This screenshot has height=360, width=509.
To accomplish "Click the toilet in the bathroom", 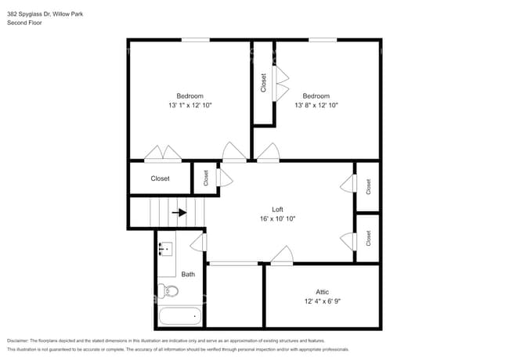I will click(169, 292).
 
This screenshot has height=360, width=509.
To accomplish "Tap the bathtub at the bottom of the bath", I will click(179, 318).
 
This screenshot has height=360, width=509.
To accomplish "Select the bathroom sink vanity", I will click(166, 251).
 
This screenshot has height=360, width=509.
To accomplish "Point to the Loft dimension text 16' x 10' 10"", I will click(277, 219).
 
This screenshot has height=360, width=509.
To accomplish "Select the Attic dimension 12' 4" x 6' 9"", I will click(322, 301).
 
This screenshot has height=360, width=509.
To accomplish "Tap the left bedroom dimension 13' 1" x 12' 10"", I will click(190, 105).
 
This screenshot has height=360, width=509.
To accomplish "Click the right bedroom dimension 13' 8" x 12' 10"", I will click(316, 105).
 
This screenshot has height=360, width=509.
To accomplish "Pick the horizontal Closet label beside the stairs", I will click(160, 178).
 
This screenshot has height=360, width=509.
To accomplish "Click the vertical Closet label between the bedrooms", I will click(263, 83).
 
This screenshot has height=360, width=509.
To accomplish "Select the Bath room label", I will click(188, 275).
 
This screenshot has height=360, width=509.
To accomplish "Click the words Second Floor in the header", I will click(24, 23).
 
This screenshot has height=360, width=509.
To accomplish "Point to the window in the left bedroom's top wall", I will click(196, 39).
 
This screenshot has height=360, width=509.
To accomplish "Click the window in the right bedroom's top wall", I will click(322, 39).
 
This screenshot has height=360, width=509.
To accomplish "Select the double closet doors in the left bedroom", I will click(164, 153).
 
